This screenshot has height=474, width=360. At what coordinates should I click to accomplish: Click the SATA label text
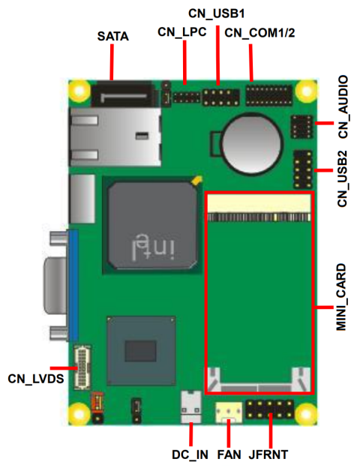[x=112, y=36]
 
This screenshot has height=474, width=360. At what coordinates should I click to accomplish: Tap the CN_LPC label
[x=181, y=31]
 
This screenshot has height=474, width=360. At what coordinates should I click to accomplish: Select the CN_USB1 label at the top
[x=216, y=13]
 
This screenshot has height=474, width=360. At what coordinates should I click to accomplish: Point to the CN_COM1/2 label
[x=259, y=33]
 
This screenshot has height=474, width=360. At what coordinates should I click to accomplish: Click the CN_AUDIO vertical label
[x=343, y=106]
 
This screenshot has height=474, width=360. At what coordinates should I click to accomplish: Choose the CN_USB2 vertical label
[x=343, y=178]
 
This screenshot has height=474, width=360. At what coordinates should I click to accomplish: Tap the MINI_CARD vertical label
[x=341, y=297]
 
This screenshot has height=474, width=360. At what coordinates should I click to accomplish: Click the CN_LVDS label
[x=36, y=379]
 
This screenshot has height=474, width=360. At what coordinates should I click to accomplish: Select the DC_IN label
[x=190, y=454]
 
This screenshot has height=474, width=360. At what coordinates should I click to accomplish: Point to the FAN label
[x=229, y=454]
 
